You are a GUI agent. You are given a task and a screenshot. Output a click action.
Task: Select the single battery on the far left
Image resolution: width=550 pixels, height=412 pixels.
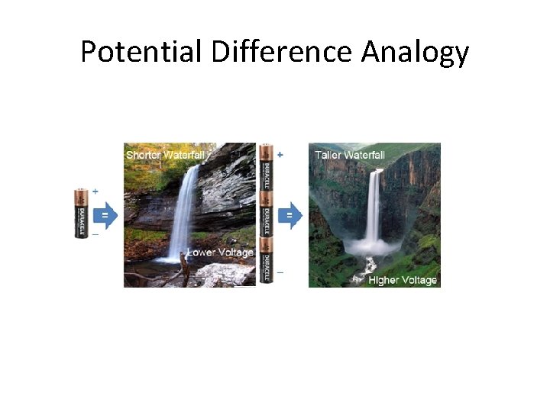tap(82, 214)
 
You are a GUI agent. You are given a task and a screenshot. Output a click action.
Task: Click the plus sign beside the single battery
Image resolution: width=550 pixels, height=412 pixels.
tap(95, 191)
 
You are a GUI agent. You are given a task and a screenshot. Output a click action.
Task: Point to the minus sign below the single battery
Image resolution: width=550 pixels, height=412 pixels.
tap(95, 235)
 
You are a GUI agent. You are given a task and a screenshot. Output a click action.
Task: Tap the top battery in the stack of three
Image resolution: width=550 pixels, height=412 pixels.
tap(266, 166)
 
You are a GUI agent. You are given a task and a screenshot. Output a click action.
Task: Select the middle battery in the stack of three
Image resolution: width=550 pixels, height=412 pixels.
tap(266, 214)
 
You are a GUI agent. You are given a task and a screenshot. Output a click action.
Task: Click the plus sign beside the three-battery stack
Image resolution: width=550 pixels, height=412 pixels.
tap(280, 155)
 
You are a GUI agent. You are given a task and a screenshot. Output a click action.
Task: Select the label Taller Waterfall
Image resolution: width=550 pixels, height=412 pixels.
tap(350, 155)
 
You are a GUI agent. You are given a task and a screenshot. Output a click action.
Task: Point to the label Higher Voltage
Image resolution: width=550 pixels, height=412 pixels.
tap(403, 280)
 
